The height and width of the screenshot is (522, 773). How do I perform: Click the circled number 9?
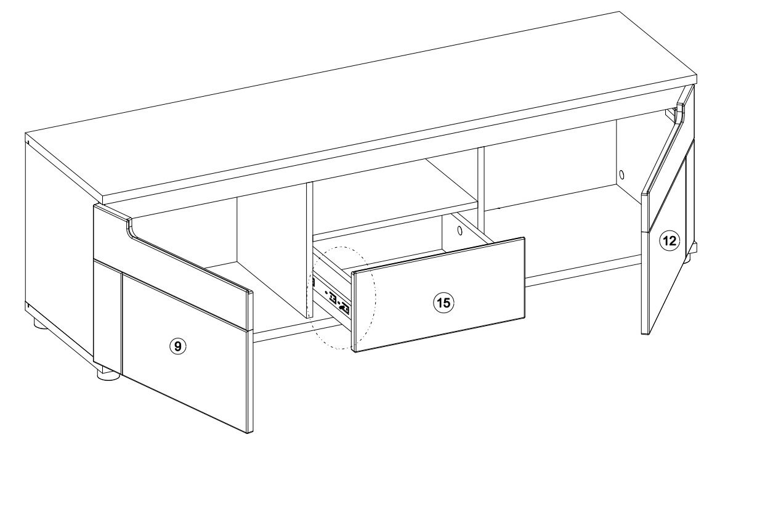coord(178,346)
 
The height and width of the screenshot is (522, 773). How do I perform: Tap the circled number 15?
coord(444,303)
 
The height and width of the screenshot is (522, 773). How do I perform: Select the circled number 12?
coord(670,240)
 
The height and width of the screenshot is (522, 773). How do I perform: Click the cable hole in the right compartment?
coord(622,174)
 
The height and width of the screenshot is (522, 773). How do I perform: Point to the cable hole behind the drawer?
coord(459,230)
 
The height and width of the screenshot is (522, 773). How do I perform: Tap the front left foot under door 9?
coord(108,375)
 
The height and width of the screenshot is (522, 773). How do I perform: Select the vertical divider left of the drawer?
coord(309,250)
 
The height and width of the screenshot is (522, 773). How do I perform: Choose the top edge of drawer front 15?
coord(439,255)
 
